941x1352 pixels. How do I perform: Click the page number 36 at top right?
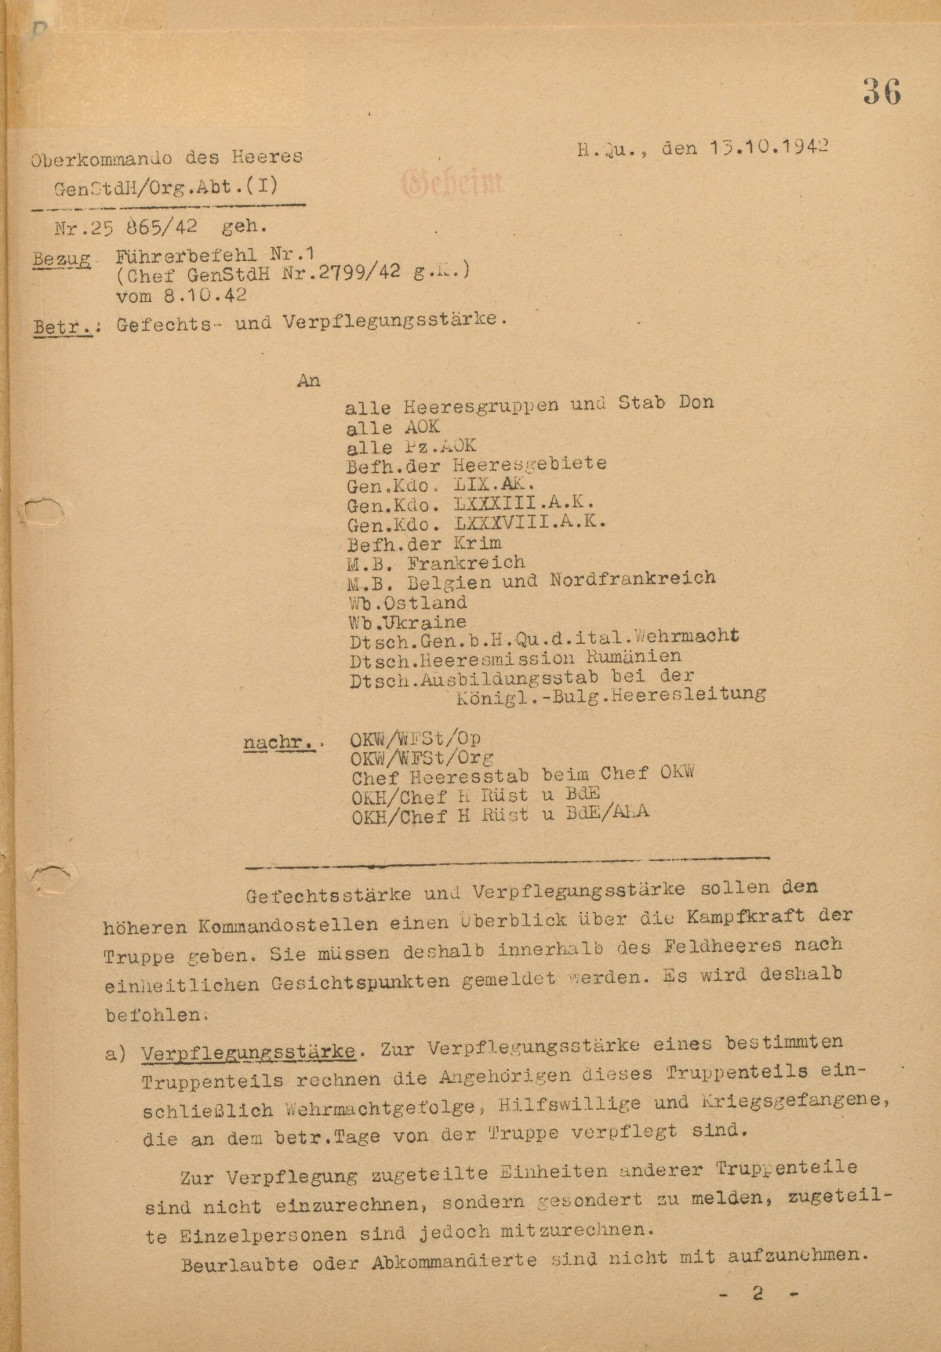point(882,93)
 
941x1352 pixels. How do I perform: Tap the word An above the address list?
point(309,381)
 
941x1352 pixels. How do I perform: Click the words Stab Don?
point(667,403)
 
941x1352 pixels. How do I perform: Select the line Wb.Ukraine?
point(407,623)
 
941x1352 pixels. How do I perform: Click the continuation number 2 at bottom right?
point(758,1294)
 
